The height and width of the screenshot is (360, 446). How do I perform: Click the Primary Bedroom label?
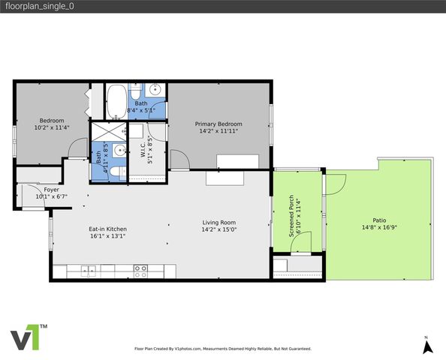218,124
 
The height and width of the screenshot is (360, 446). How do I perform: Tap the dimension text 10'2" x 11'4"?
52,127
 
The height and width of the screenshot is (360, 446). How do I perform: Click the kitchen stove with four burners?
140,269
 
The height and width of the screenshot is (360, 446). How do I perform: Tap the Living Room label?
218,222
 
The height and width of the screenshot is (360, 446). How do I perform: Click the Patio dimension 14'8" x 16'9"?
379,227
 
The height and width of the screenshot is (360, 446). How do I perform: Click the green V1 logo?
28,337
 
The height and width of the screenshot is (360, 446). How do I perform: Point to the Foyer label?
51,190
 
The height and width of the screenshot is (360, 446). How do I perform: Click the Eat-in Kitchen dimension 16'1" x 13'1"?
107,235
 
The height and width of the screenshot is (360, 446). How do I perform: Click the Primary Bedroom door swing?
179,160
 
